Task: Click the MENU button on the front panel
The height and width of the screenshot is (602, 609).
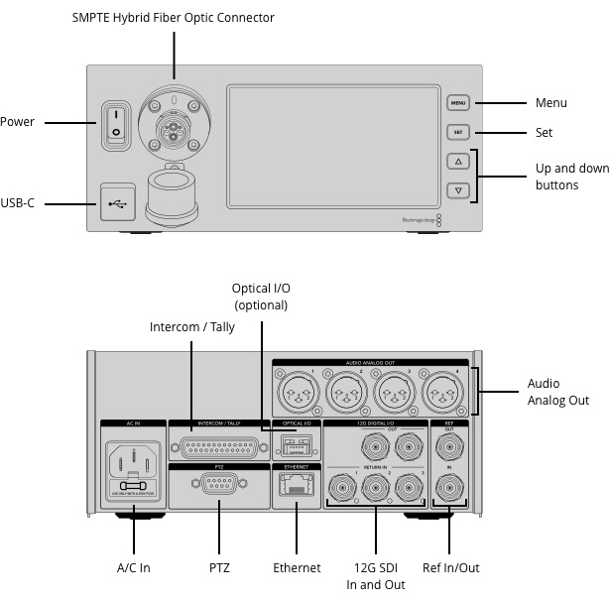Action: pyautogui.click(x=457, y=103)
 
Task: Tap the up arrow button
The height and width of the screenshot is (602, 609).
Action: pyautogui.click(x=457, y=161)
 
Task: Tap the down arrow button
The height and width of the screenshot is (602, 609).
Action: pyautogui.click(x=457, y=189)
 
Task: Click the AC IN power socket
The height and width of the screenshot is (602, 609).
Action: pyautogui.click(x=133, y=462)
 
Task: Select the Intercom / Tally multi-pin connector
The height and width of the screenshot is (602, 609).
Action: pyautogui.click(x=220, y=445)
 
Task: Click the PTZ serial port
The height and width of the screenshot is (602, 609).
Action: pyautogui.click(x=219, y=486)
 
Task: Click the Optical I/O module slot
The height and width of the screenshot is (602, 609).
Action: pyautogui.click(x=297, y=443)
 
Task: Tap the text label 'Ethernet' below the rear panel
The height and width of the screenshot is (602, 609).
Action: pyautogui.click(x=297, y=568)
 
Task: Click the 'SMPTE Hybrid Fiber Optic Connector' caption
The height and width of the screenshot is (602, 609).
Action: pyautogui.click(x=174, y=18)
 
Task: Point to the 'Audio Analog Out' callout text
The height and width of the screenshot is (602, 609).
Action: pyautogui.click(x=557, y=392)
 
